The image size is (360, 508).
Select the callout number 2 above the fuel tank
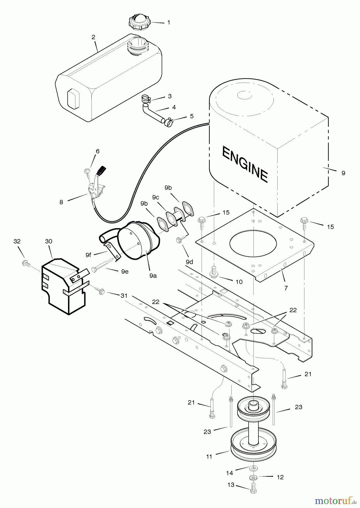pyautogui.click(x=93, y=37)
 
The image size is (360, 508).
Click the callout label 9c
pyautogui.click(x=155, y=198)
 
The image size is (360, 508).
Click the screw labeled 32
pyautogui.click(x=25, y=263)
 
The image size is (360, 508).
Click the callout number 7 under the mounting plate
pyautogui.click(x=286, y=288)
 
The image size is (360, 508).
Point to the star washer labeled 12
pyautogui.click(x=253, y=478)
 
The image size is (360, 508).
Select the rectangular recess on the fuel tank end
pyautogui.click(x=73, y=99)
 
